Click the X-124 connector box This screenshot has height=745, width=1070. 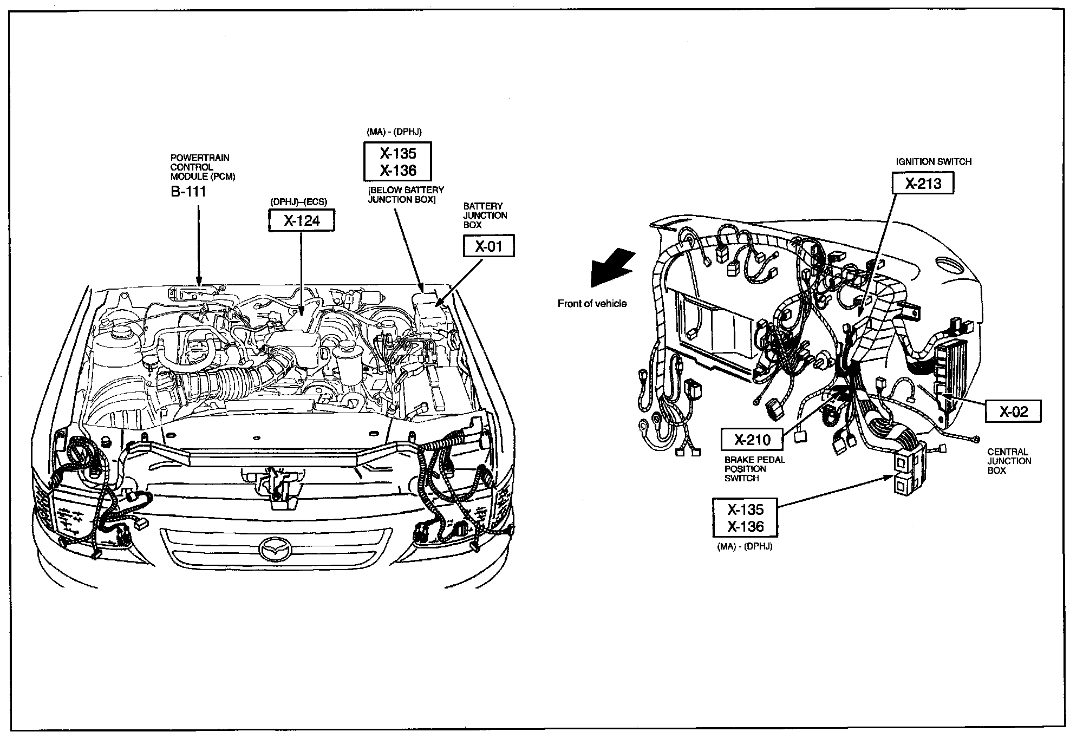click(302, 220)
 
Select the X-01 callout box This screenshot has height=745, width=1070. click(488, 246)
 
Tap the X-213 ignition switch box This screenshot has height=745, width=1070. click(923, 183)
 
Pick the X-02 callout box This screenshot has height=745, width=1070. click(1013, 412)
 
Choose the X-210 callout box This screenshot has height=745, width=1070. click(752, 439)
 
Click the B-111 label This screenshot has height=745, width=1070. click(188, 192)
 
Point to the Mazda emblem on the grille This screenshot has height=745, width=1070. click(275, 548)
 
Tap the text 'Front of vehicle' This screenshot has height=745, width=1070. click(592, 304)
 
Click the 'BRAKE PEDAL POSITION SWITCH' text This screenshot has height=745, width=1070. click(754, 469)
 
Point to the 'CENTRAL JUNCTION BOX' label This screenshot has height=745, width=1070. click(1009, 461)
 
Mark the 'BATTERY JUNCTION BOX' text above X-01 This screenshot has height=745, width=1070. click(485, 215)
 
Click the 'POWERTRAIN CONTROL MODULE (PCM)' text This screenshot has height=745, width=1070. click(203, 167)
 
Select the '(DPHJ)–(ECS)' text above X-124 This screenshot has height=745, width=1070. click(299, 202)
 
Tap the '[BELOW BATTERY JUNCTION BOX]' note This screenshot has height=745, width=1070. click(406, 195)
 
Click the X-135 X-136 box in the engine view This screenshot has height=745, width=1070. click(397, 161)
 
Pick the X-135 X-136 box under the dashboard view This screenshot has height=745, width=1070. click(745, 518)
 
